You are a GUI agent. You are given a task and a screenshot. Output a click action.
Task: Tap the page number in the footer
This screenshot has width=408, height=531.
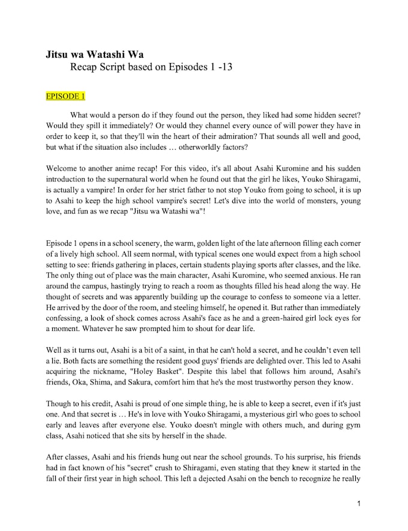[x=358, y=503]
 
